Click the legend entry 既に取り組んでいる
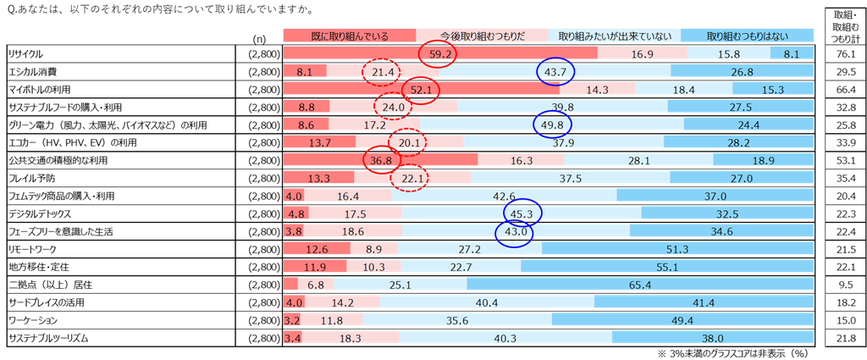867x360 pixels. pyautogui.click(x=349, y=36)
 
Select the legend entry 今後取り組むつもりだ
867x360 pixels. pyautogui.click(x=482, y=36)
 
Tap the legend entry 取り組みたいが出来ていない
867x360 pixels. pyautogui.click(x=615, y=36)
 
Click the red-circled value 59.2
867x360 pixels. pyautogui.click(x=438, y=54)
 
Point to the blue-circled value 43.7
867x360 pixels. pyautogui.click(x=555, y=72)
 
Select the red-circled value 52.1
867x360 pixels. pyautogui.click(x=421, y=90)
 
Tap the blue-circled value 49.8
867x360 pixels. pyautogui.click(x=553, y=125)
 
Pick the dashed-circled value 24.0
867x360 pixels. pyautogui.click(x=394, y=108)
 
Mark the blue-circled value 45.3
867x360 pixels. pyautogui.click(x=522, y=213)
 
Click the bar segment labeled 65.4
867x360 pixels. pyautogui.click(x=640, y=285)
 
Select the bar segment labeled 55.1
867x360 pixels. pyautogui.click(x=667, y=267)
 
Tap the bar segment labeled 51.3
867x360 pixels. pyautogui.click(x=677, y=249)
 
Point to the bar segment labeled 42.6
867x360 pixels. pyautogui.click(x=504, y=196)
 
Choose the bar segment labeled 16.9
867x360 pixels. pyautogui.click(x=642, y=54)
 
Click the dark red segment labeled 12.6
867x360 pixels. pyautogui.click(x=316, y=249)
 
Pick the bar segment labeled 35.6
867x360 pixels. pyautogui.click(x=457, y=320)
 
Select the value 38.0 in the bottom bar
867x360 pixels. pyautogui.click(x=713, y=338)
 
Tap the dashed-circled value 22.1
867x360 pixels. pyautogui.click(x=409, y=178)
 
